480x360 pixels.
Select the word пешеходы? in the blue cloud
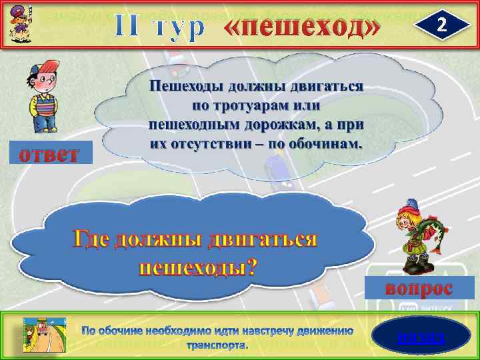pyautogui.click(x=197, y=267)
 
